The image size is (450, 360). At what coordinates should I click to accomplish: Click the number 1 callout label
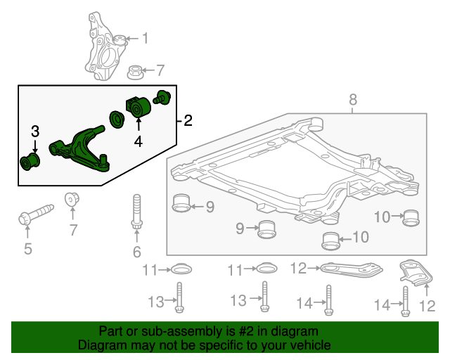(146, 39)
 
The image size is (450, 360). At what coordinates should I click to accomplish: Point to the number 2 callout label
(187, 121)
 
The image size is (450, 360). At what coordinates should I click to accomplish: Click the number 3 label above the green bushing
(34, 131)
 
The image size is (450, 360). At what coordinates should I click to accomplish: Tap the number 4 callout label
(139, 141)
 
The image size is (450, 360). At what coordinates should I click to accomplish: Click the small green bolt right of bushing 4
(163, 98)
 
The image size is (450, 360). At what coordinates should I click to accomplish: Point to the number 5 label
(27, 247)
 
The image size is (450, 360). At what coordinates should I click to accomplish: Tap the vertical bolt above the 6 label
(136, 214)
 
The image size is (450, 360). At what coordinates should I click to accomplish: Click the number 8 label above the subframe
(353, 101)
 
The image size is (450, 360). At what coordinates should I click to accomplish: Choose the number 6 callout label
(136, 252)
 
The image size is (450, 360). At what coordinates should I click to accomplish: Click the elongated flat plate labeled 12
(349, 269)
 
